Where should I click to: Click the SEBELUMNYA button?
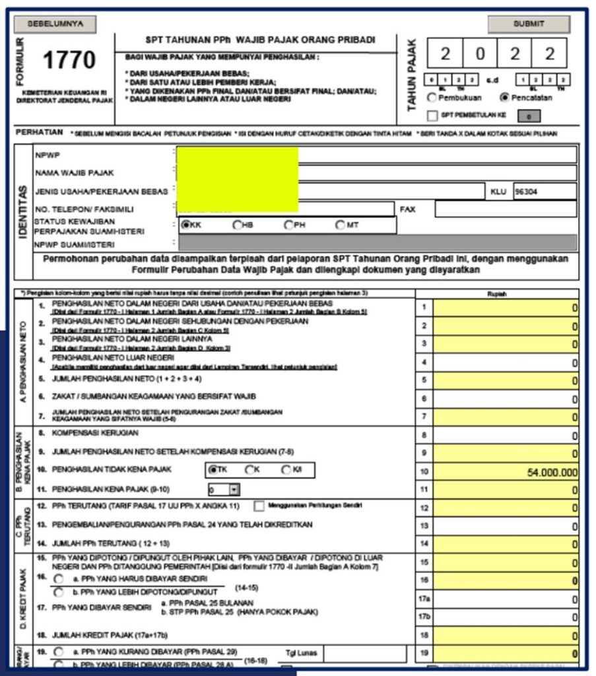(55, 24)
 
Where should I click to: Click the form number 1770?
(69, 61)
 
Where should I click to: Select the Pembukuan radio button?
(432, 98)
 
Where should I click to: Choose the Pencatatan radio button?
(505, 98)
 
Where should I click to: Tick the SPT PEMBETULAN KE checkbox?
(432, 116)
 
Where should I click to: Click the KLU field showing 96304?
(545, 191)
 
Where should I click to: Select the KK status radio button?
(187, 225)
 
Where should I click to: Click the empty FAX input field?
(506, 209)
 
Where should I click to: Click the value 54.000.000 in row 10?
(552, 473)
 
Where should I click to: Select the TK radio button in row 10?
(213, 470)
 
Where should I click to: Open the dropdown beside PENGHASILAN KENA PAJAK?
(234, 490)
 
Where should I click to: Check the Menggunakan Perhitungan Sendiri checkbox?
(259, 506)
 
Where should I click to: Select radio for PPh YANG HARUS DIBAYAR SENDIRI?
(59, 579)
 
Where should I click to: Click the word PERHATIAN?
(39, 133)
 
